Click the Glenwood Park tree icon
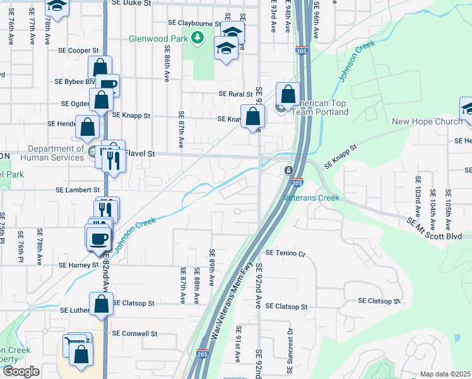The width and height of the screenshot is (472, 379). point(198,39)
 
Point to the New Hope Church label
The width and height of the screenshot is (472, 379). point(427,122)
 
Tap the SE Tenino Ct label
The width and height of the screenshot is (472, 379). point(285,253)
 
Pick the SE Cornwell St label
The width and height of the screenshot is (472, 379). point(134,333)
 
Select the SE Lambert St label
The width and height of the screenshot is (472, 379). point(78,189)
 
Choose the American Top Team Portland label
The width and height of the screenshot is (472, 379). point(322,108)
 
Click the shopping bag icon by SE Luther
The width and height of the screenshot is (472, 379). point(101,304)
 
